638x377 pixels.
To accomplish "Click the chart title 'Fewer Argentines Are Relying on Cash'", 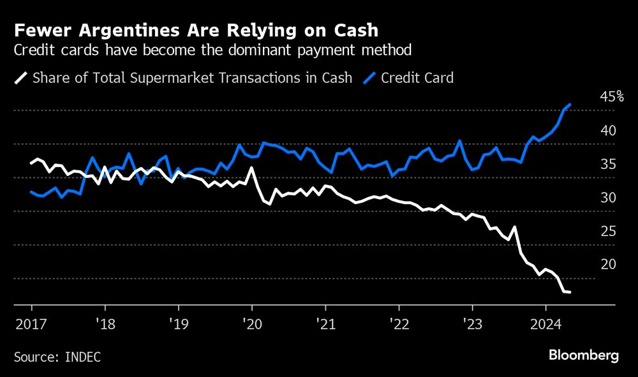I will tap(195, 30).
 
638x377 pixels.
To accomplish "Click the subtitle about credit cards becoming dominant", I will tap(212, 50).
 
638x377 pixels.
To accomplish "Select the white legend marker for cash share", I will tap(20, 78).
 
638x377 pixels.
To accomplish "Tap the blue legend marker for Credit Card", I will tap(370, 78).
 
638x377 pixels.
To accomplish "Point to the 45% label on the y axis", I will tap(612, 97).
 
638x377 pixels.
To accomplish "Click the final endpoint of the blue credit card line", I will tap(570, 104).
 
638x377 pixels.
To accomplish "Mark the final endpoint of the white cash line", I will tap(570, 292).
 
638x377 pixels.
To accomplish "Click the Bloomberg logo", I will tap(583, 355).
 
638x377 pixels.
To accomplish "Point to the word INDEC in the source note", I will tap(82, 356).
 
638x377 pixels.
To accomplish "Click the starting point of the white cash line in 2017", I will tap(31, 163).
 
